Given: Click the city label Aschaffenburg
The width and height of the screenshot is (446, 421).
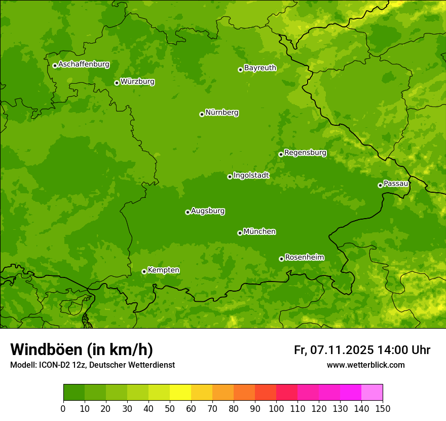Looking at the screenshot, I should pos(84,64).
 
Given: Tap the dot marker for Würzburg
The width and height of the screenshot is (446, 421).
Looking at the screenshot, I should pos(117,83).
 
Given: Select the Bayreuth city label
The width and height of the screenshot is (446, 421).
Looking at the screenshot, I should pos(260,68).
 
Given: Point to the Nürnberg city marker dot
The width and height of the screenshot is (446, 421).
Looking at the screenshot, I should pos(202,114).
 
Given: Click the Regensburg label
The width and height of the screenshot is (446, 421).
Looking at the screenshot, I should pos(305,153).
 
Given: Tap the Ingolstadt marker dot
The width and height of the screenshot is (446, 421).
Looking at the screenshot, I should pos(230,177).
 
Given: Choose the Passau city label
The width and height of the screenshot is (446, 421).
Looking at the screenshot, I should pos(396,184).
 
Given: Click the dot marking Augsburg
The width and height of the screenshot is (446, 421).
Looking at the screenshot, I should pos(188,212).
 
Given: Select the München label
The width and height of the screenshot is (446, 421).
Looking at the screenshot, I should pos(259,232).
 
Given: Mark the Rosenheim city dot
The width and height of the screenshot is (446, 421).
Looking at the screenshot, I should pos(281,259).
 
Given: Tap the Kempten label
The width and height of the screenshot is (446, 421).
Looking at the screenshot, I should pos(163,270).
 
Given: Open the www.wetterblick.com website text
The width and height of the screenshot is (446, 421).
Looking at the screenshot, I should pos(365,365).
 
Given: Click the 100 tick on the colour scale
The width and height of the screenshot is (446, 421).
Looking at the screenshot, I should pos(276,408).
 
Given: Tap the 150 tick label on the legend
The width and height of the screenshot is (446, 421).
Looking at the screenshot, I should pos(383,408).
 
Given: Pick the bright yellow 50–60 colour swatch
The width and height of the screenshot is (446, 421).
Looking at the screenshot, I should pos(180,392).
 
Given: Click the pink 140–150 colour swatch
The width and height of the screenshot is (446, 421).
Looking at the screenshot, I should pos(372,392).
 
